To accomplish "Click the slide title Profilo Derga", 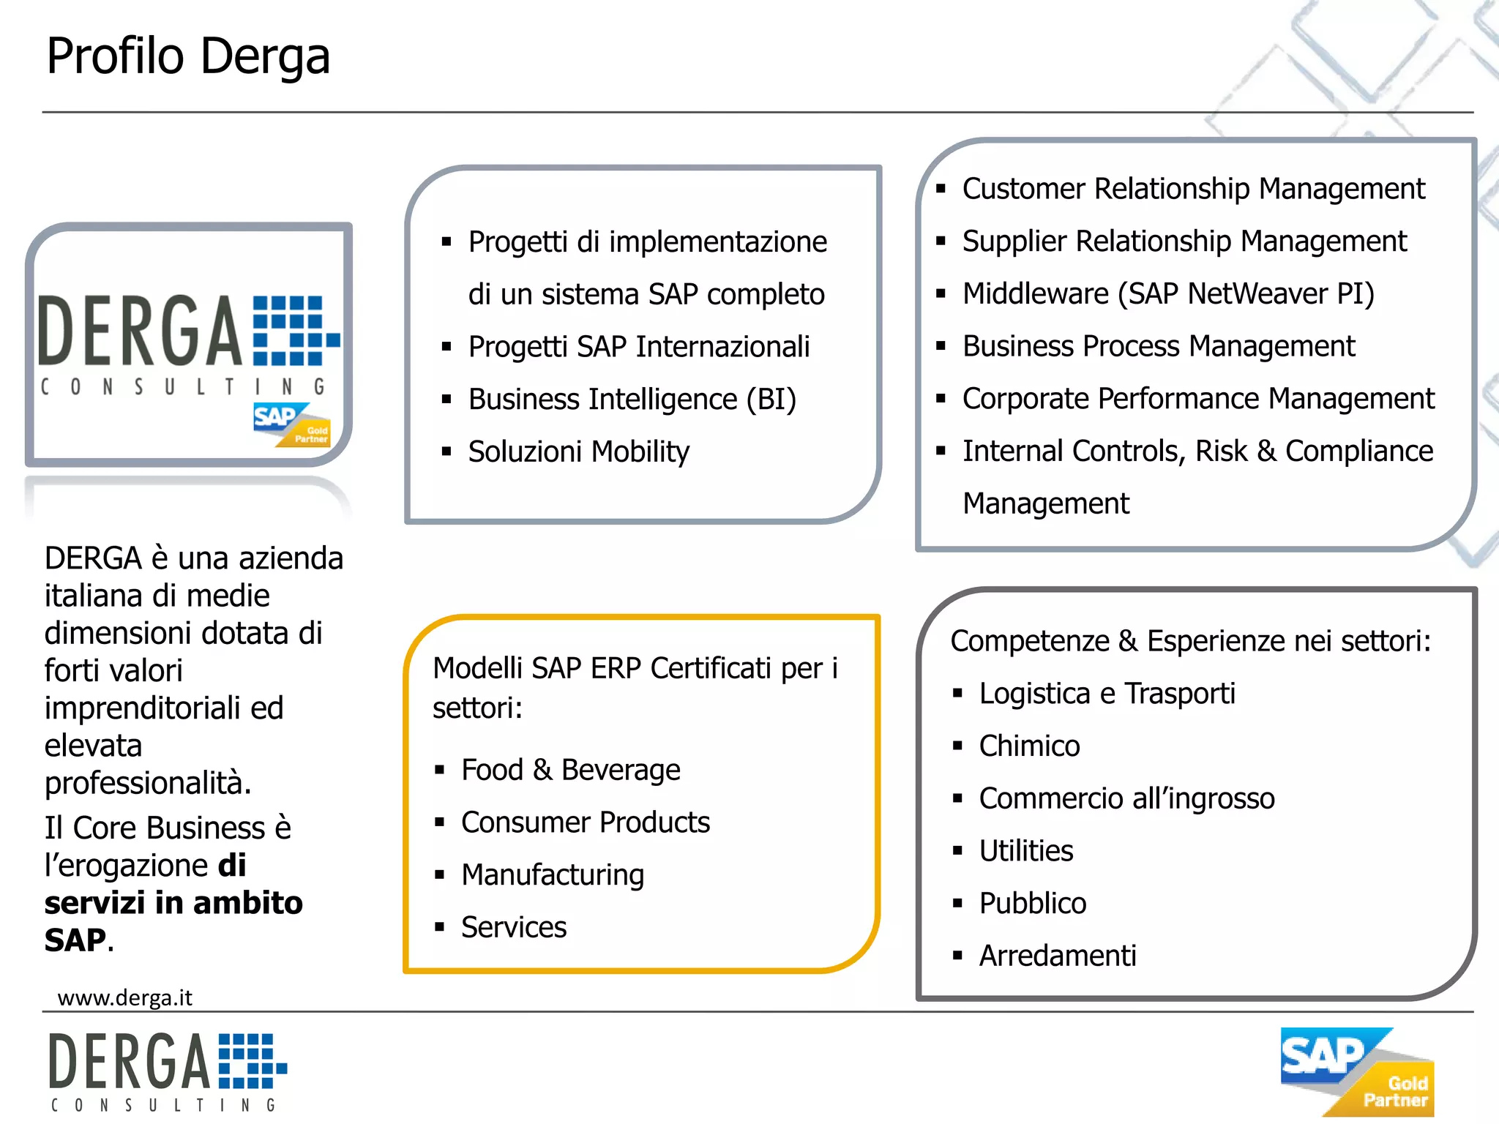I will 188,56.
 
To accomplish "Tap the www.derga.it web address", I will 124,997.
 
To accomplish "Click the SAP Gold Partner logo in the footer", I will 1357,1071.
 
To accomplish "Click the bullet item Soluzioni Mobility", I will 578,452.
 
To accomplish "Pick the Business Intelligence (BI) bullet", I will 632,400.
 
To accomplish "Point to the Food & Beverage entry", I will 570,770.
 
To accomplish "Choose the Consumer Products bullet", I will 585,823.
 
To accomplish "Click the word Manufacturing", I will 553,875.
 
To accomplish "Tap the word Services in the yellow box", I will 514,927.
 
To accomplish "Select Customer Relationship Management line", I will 1193,189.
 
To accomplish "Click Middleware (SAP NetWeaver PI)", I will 1168,293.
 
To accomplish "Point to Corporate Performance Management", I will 1198,399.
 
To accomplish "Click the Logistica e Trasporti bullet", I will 1107,694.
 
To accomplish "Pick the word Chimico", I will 1029,746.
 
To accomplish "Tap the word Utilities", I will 1026,851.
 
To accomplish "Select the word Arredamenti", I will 1058,956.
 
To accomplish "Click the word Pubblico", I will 1032,904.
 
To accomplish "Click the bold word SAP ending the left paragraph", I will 75,940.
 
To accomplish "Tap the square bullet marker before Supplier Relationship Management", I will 941,241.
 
